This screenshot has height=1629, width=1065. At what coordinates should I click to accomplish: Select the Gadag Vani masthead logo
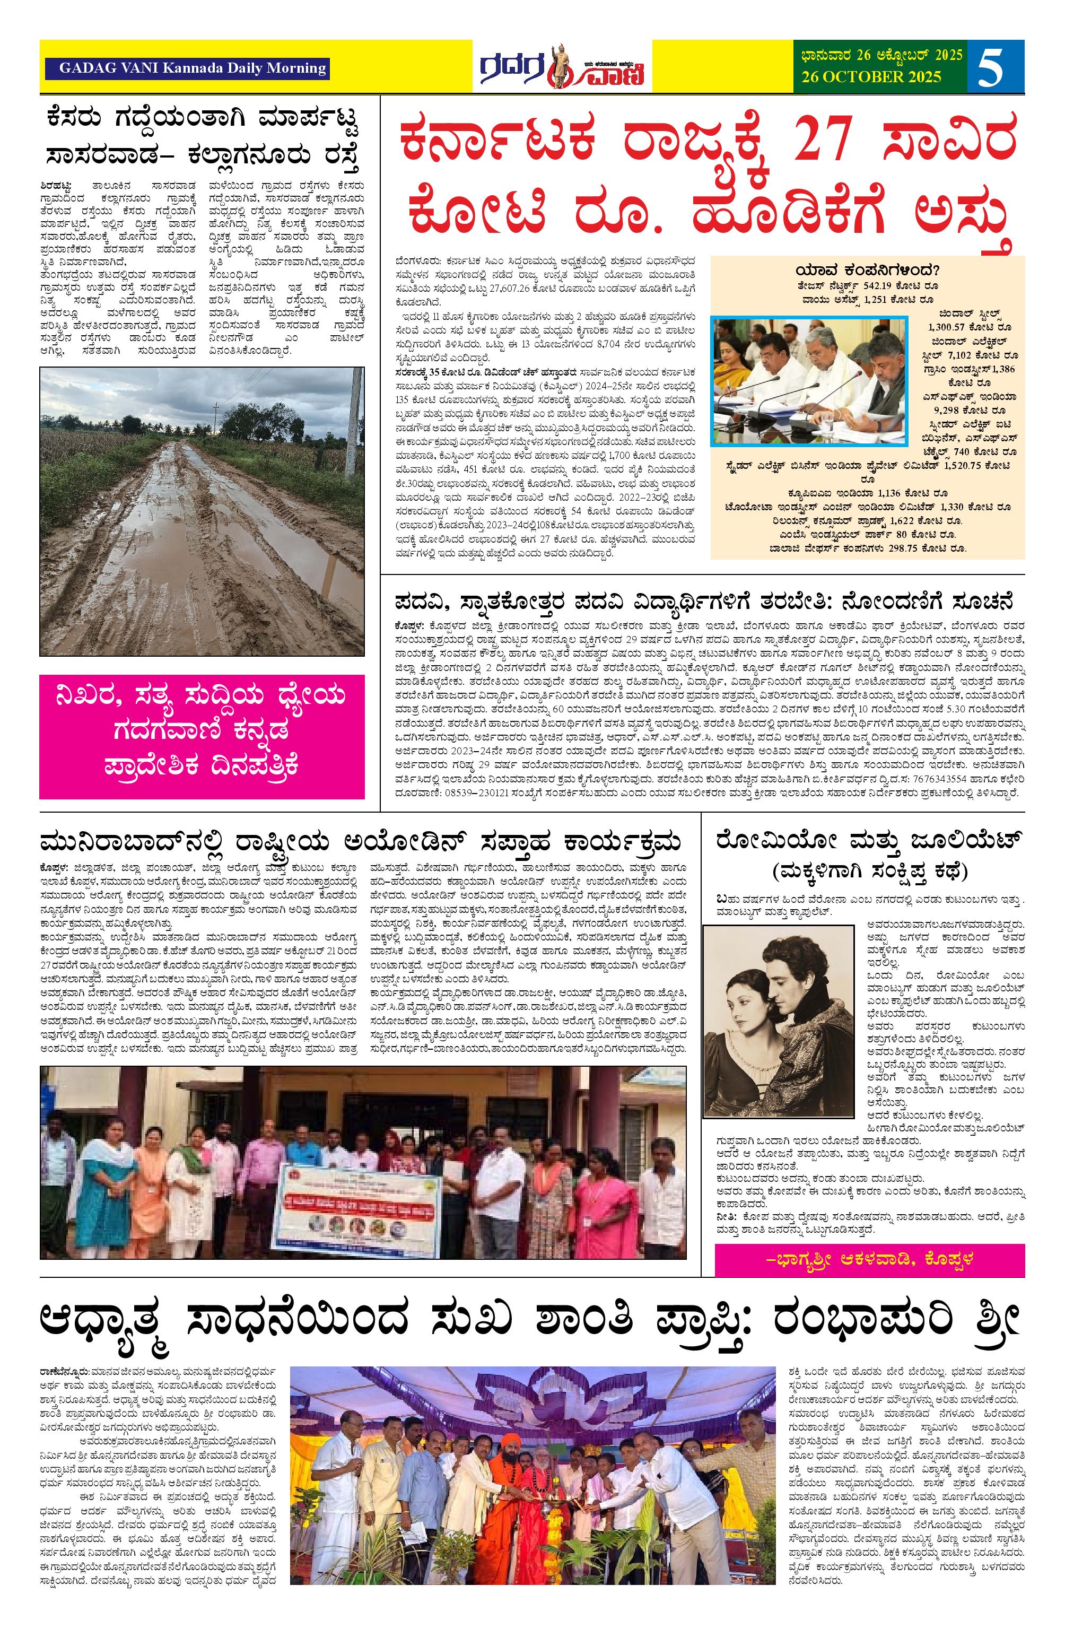point(561,66)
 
